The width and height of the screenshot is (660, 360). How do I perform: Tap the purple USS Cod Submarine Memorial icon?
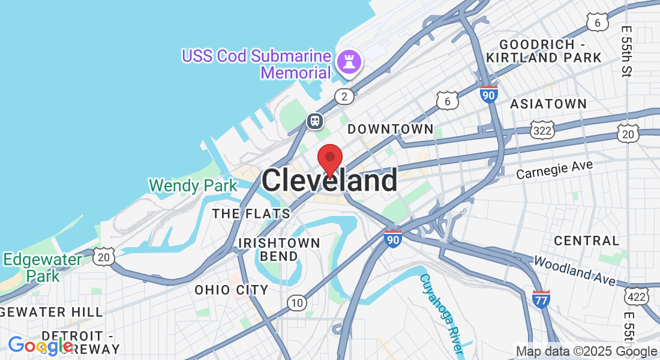click(347, 61)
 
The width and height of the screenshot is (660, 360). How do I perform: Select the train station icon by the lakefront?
click(315, 121)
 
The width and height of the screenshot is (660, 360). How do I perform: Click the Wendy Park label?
click(193, 185)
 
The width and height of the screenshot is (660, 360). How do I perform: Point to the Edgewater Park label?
click(43, 268)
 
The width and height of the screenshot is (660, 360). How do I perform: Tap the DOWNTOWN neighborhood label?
click(390, 129)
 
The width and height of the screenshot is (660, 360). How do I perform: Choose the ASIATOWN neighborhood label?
click(548, 104)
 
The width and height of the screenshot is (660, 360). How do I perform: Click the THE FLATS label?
click(251, 214)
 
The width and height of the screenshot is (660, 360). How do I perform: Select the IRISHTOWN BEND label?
click(279, 249)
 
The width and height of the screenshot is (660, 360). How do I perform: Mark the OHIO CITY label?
click(231, 290)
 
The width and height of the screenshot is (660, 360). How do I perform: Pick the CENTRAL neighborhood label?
click(586, 241)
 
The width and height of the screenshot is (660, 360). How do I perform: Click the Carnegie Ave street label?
click(554, 169)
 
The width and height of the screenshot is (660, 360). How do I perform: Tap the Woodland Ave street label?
click(574, 271)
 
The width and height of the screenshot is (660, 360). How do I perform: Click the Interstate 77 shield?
click(541, 298)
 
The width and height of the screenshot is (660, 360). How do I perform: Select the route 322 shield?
click(541, 129)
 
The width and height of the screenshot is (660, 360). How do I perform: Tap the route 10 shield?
click(296, 303)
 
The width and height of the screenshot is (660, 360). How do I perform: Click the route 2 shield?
click(344, 96)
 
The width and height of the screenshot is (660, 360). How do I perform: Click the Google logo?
click(40, 346)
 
